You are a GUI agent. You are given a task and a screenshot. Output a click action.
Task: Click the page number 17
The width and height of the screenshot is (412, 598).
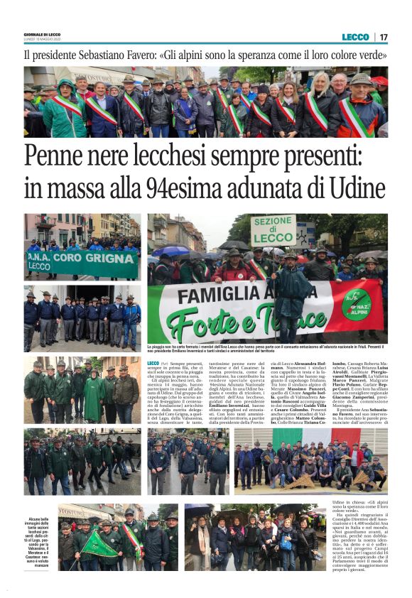click(384, 37)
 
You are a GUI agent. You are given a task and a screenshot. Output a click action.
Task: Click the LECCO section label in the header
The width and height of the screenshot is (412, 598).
click(355, 37)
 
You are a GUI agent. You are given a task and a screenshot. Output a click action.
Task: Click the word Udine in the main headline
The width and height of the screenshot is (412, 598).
click(354, 190)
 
